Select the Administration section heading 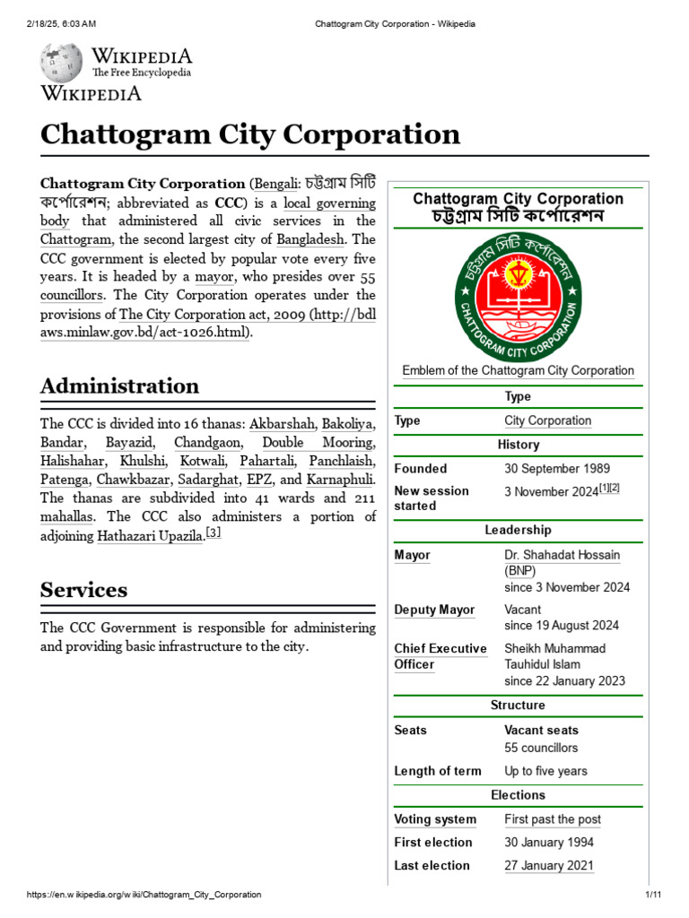[x=119, y=386]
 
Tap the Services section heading [x=83, y=590]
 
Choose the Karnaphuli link [x=340, y=480]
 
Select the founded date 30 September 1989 [x=557, y=468]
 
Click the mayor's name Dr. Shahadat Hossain [x=562, y=555]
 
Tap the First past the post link [x=553, y=819]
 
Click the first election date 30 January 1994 [x=549, y=842]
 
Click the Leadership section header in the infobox [x=518, y=530]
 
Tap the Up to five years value [x=545, y=771]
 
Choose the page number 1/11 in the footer [x=652, y=895]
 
